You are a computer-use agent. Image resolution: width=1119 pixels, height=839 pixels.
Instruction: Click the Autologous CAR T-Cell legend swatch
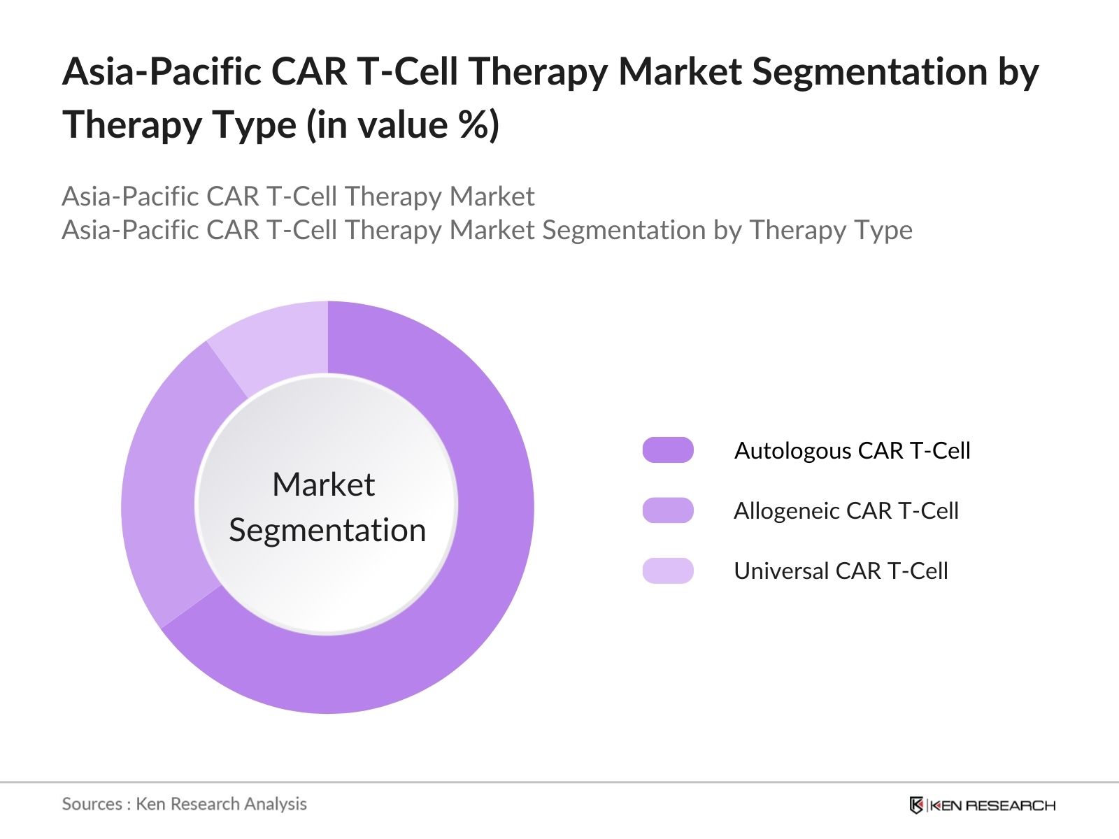click(x=668, y=450)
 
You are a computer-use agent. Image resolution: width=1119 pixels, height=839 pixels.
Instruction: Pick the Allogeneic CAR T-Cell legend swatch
click(x=668, y=510)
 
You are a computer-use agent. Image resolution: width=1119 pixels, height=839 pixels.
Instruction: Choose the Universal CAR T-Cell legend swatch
click(x=668, y=571)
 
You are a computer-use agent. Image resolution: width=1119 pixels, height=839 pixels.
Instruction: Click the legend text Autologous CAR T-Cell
click(x=852, y=450)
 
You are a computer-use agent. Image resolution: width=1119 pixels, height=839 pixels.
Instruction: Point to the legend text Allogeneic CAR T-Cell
click(x=846, y=510)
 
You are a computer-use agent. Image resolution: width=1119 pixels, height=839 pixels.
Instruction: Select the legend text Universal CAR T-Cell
click(x=841, y=571)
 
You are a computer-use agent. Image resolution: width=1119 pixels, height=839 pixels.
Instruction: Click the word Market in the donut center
click(x=323, y=485)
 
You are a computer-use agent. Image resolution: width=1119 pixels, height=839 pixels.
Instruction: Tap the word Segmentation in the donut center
click(x=327, y=530)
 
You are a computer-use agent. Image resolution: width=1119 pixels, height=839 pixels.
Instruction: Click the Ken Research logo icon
click(x=916, y=805)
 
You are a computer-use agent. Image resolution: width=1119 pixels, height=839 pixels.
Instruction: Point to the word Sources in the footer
click(x=92, y=804)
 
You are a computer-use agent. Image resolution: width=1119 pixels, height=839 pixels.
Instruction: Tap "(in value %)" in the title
click(x=402, y=126)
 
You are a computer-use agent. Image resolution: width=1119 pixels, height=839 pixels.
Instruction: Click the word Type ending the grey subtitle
click(x=887, y=230)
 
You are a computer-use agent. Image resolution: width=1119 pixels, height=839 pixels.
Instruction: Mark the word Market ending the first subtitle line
click(x=492, y=196)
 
